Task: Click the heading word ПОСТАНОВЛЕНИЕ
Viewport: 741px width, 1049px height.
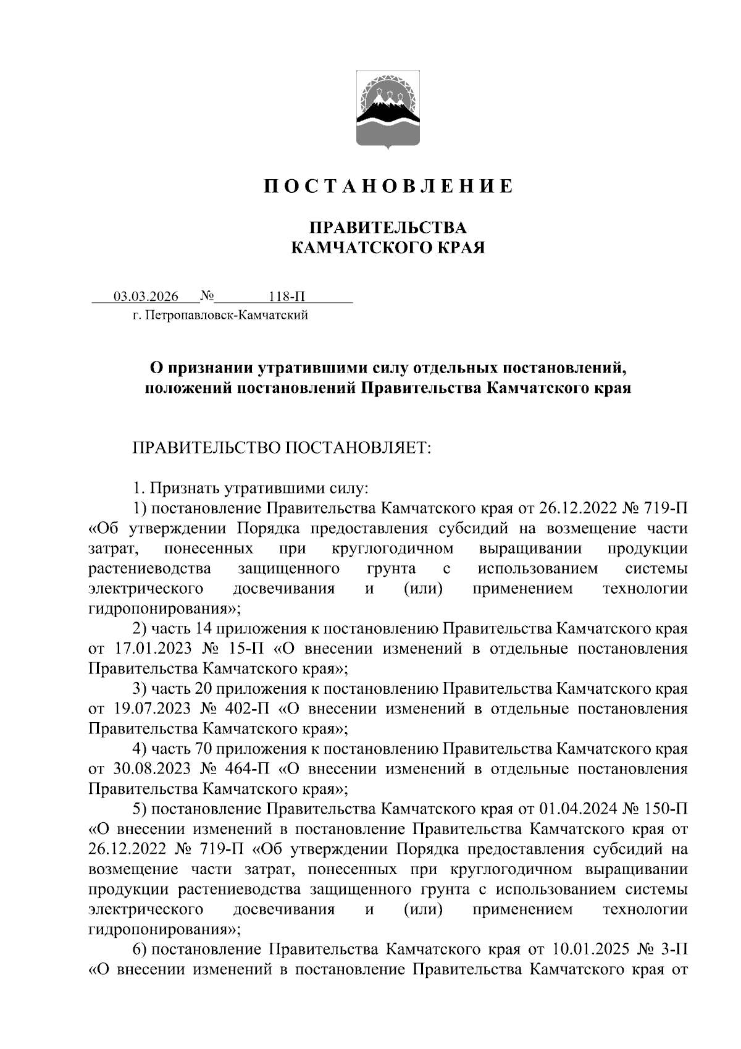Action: click(388, 186)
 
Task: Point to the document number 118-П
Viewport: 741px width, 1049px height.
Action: click(287, 297)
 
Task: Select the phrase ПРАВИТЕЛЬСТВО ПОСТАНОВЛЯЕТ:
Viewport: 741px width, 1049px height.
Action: click(281, 447)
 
